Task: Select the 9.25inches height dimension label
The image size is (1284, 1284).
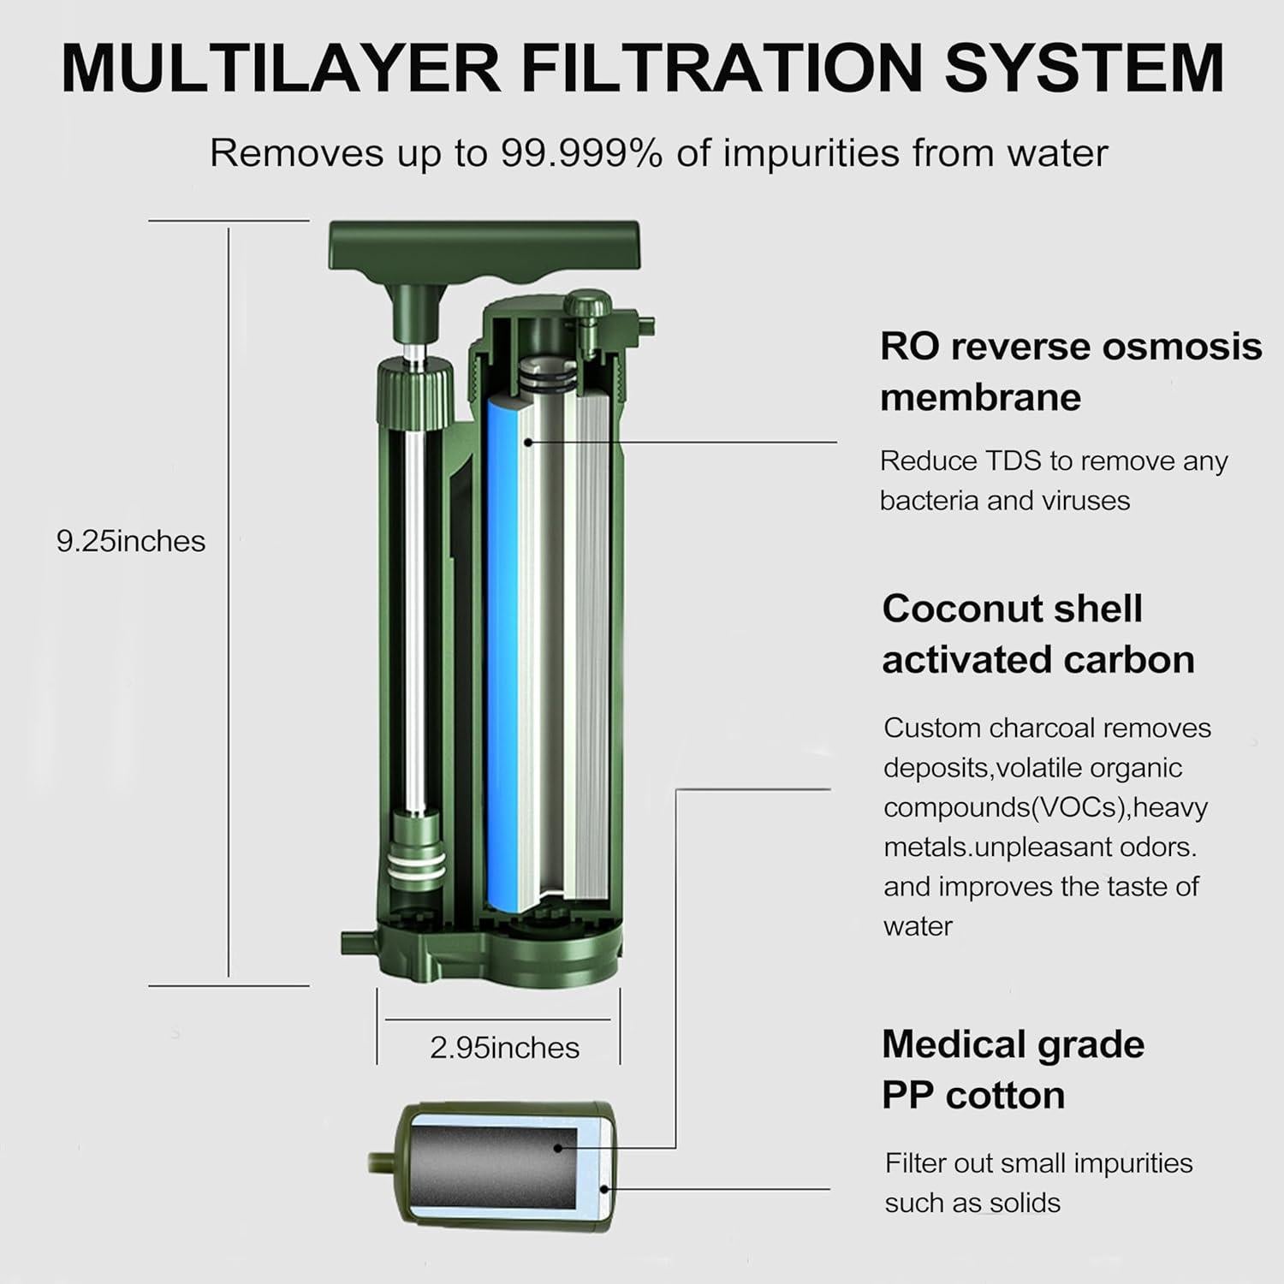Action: tap(131, 542)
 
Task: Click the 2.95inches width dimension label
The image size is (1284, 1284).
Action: tap(504, 1048)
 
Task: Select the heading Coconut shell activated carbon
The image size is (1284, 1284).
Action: tap(1037, 634)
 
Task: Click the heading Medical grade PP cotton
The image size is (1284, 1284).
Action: tap(1013, 1069)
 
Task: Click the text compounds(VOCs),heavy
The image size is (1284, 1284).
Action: tap(1045, 807)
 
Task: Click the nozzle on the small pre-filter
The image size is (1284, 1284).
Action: tap(380, 1165)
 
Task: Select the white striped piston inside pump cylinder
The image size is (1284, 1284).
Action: tap(416, 856)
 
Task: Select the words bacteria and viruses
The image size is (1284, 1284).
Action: tap(1004, 501)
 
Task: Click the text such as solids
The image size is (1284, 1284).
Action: tap(972, 1203)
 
